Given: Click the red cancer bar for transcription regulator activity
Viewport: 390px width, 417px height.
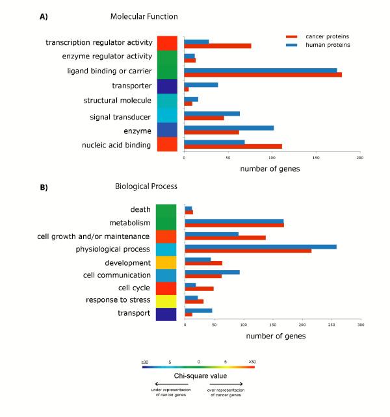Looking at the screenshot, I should tap(218, 45).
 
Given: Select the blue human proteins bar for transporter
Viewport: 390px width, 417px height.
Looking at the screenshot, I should tap(201, 84).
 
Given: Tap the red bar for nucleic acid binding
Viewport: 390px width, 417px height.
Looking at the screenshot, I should tap(233, 146).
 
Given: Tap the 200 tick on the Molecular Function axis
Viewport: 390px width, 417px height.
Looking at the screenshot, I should tap(359, 158).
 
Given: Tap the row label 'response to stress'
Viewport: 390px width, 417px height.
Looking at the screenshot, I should tap(118, 300).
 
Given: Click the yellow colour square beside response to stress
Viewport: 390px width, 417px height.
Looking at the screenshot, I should tap(166, 301).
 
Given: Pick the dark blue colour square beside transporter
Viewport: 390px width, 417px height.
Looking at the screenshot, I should tap(166, 86).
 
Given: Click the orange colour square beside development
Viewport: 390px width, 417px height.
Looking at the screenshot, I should tap(166, 262).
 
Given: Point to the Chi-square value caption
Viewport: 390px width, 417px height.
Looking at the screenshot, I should tap(199, 377).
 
